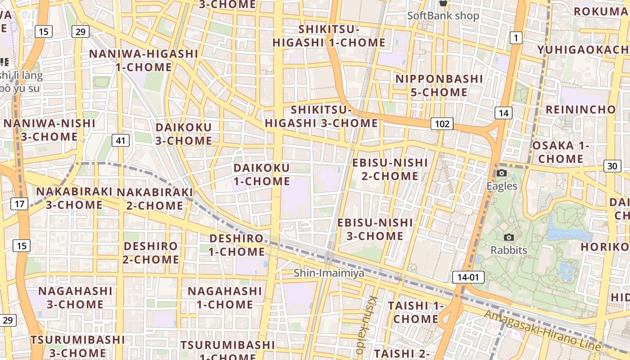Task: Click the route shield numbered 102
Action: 442,124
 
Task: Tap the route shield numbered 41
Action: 120,140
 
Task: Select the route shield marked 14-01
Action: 468,277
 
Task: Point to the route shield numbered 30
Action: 612,166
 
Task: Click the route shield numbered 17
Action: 19,204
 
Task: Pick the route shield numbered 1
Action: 516,38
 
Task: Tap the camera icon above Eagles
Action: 502,173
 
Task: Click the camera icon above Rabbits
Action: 509,237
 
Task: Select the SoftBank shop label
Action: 443,15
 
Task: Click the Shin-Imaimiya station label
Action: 329,273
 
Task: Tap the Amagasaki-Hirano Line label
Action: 542,330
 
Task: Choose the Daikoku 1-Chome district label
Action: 261,175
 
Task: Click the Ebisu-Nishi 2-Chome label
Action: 390,169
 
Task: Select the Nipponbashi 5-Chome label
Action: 439,85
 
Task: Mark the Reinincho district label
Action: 580,109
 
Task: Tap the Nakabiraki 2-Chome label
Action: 155,199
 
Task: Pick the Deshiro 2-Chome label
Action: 151,253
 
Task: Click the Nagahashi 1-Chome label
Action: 225,297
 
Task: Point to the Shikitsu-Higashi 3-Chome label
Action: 321,116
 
